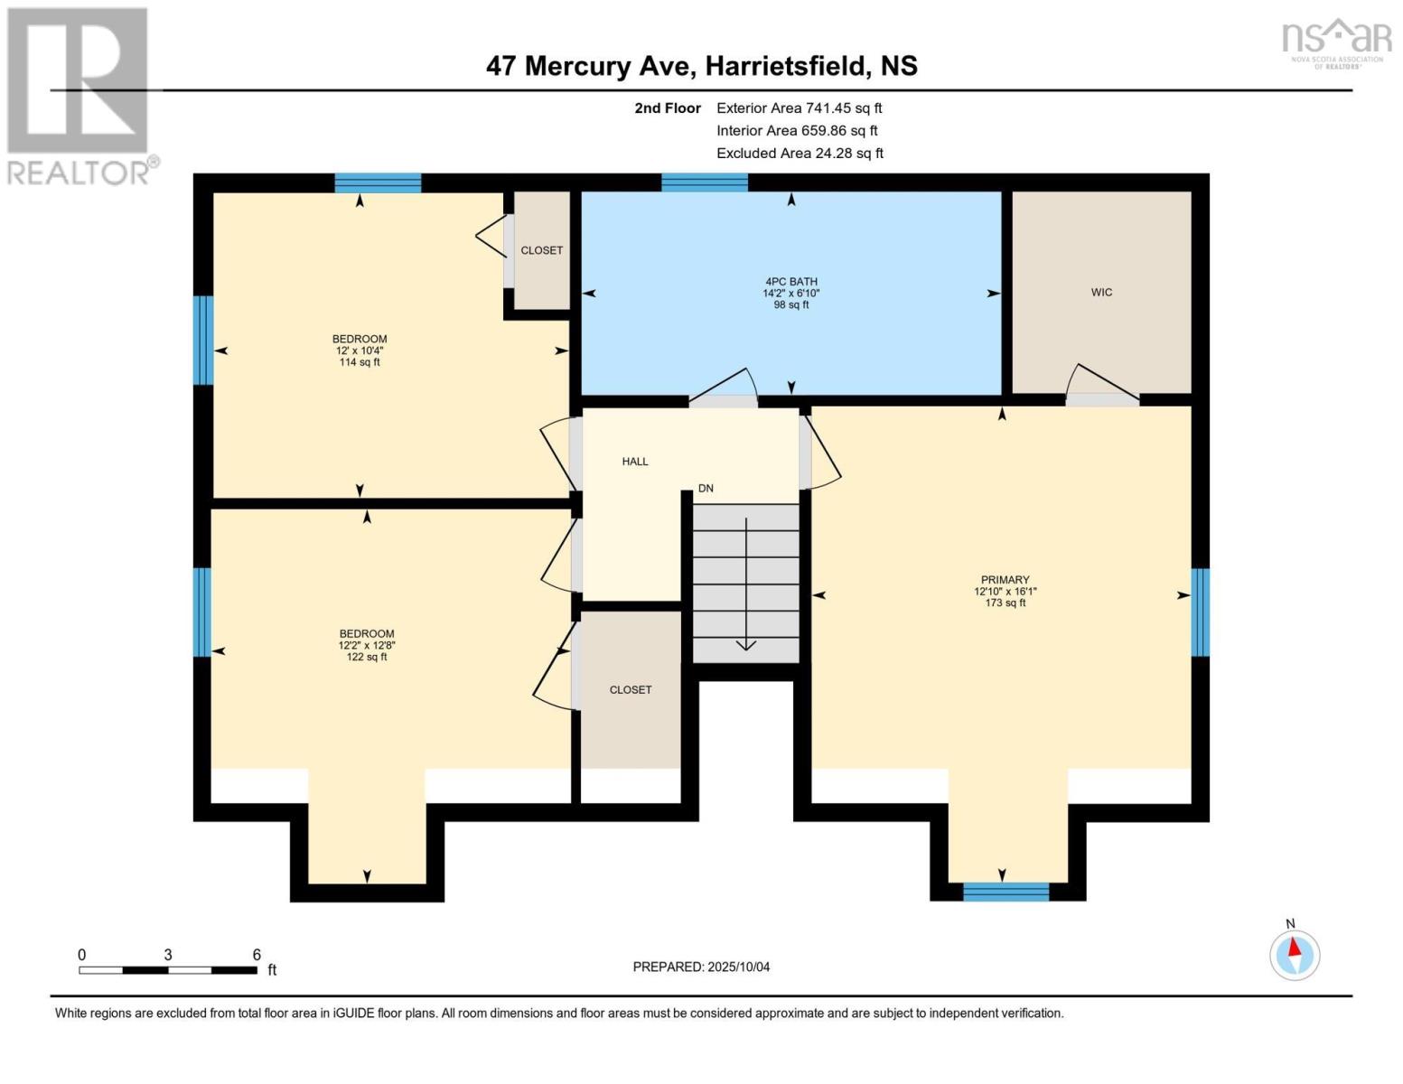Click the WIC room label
point(1101,292)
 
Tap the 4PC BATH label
point(790,282)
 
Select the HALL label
point(635,462)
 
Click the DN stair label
point(706,488)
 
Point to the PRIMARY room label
point(1005,580)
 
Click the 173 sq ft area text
point(1005,603)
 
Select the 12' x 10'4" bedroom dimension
point(360,350)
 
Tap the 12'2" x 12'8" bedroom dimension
point(367,645)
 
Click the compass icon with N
point(1295,953)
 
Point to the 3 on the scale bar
point(168,955)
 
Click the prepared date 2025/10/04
point(738,967)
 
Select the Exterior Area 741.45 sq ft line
point(799,107)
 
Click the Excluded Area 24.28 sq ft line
point(800,153)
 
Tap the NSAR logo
point(1336,40)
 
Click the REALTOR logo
point(80,96)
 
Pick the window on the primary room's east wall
point(1201,612)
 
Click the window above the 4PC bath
point(704,182)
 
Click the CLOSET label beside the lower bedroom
point(631,689)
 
